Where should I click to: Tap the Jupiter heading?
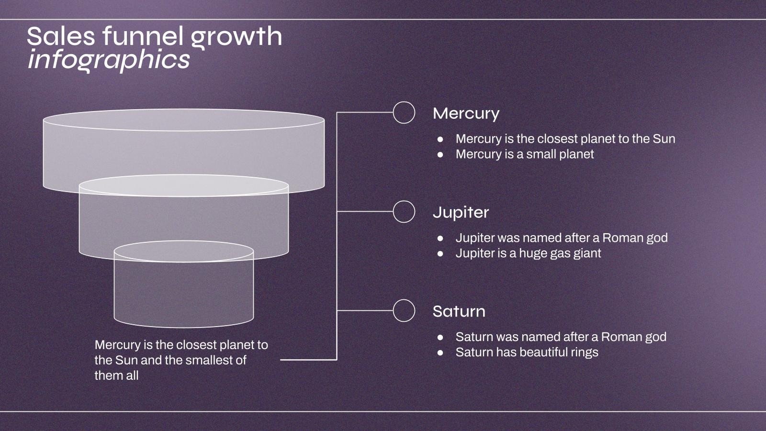tap(461, 213)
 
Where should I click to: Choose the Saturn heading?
tap(459, 312)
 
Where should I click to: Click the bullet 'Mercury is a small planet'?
tap(525, 154)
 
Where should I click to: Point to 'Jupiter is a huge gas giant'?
tap(529, 253)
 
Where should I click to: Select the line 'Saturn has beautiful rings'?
tap(527, 352)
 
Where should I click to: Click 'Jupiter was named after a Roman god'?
tap(562, 238)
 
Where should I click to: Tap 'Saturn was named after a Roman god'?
tap(561, 337)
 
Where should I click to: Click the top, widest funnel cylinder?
tap(184, 150)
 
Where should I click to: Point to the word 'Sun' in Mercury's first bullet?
tap(664, 139)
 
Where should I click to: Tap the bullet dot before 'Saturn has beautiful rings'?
tap(440, 352)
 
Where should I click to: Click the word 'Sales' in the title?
tap(61, 36)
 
